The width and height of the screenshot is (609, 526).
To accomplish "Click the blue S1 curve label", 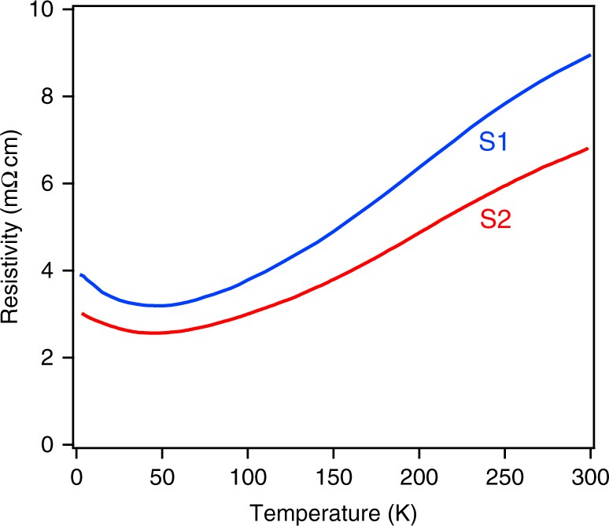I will coord(493,143).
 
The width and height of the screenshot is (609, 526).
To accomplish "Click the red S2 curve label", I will coord(496,221).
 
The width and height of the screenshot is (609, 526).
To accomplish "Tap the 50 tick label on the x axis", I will coord(161,476).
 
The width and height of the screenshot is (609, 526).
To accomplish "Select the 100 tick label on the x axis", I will coord(247,476).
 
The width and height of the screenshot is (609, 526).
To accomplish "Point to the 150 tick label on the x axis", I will coord(333,476).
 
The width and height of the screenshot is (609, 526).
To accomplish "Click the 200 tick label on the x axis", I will coord(419,476).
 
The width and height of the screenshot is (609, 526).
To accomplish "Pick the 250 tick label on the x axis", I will coord(504,476).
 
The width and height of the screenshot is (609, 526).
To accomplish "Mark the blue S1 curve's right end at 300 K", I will coord(589,55).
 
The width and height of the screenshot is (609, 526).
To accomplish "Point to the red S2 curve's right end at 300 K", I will coord(589,149).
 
